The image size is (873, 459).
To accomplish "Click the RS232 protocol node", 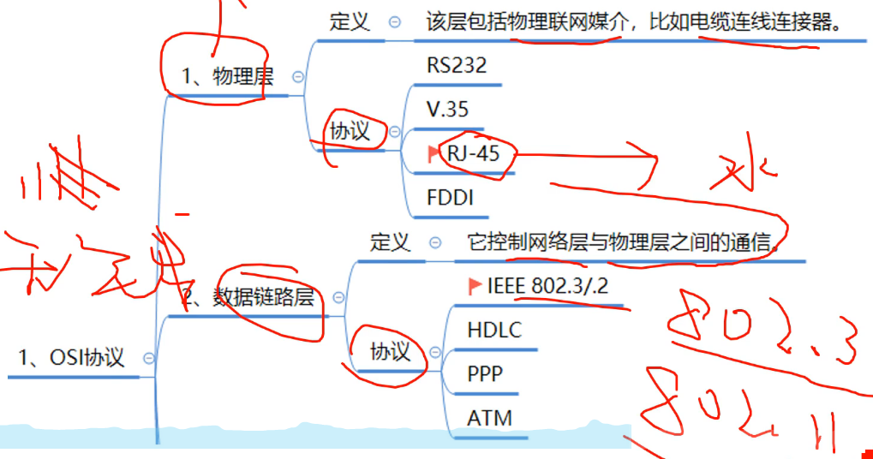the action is coord(456,65).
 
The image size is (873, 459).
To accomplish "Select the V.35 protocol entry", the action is coord(447,110).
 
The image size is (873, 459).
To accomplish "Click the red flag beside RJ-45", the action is coord(434,153).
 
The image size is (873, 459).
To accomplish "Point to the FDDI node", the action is coord(450,198).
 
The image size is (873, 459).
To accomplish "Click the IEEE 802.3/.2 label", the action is coord(548,286).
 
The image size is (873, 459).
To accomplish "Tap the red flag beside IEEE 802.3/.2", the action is coord(475,286).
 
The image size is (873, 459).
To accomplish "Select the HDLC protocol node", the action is coord(494,330).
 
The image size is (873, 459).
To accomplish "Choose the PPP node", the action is coord(485,374).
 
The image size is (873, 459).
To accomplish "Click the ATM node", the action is coord(489,419).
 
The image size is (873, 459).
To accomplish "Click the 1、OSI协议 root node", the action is coord(72,357).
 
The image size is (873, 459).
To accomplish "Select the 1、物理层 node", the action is coord(228,77).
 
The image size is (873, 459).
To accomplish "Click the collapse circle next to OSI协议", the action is coord(149,358).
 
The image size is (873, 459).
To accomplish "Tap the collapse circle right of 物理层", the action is coord(297,77).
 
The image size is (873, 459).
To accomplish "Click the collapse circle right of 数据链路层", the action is coord(338,298).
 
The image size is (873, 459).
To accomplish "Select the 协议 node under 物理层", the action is coord(350,131).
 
